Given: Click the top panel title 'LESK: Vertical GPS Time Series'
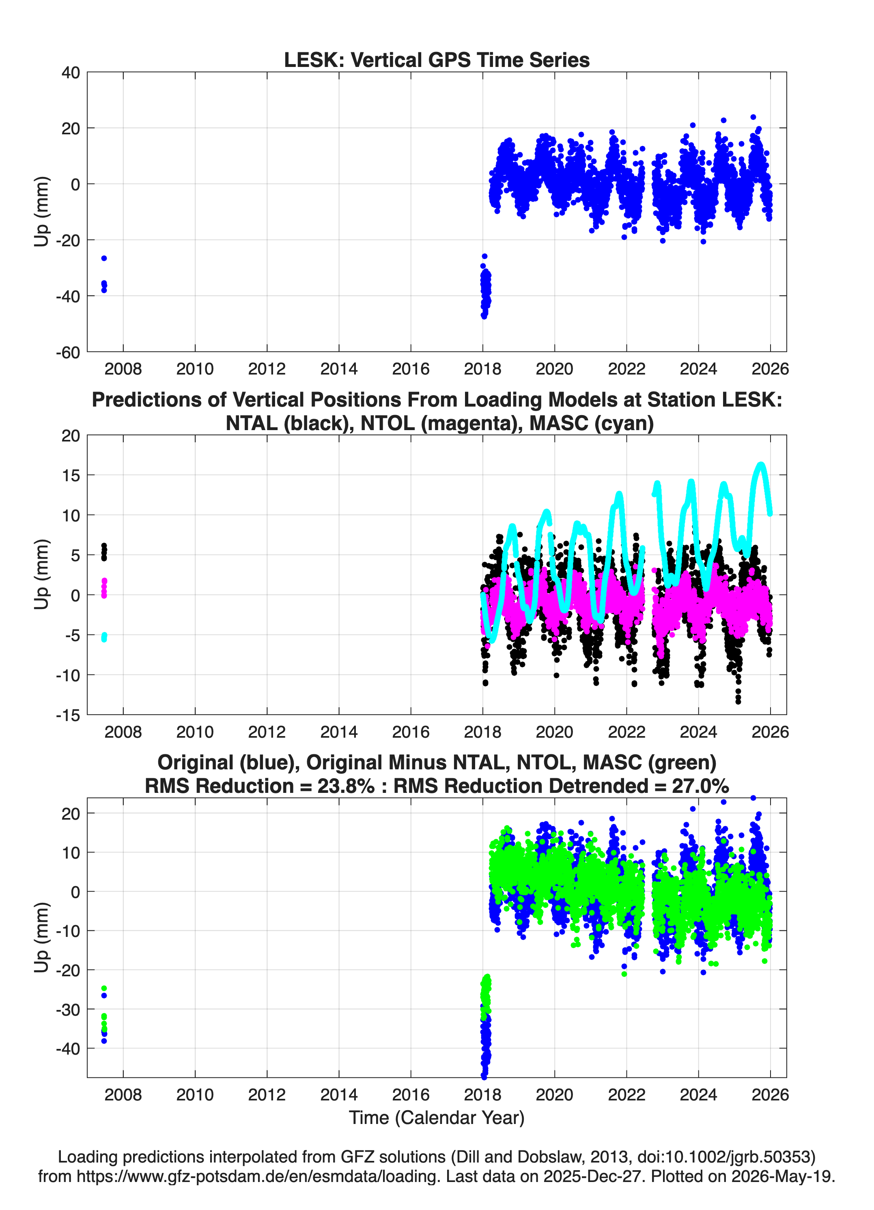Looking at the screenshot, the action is click(x=437, y=60).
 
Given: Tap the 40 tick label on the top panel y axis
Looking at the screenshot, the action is click(x=71, y=73).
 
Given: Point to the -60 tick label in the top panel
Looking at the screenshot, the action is click(x=68, y=352).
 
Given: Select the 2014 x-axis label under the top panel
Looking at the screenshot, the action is click(x=339, y=369).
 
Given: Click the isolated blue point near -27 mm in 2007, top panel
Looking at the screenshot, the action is click(x=104, y=258).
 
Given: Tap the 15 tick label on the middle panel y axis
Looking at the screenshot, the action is click(x=71, y=476).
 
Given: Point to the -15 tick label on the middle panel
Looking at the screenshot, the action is click(x=68, y=715).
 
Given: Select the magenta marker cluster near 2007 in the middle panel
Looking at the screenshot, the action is click(x=104, y=588).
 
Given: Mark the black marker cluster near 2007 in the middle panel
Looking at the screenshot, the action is click(x=104, y=552).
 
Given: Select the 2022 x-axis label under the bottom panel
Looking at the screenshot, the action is click(x=626, y=1095).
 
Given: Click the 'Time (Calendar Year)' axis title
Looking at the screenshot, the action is click(x=437, y=1118).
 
